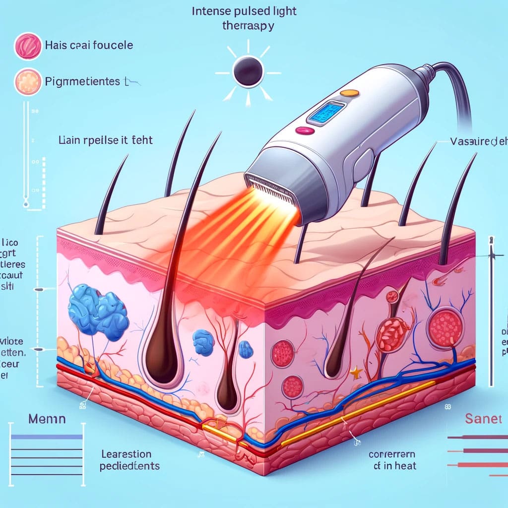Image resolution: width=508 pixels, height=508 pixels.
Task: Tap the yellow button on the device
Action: (x=350, y=92)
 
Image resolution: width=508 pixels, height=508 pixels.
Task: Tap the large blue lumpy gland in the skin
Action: (x=97, y=310)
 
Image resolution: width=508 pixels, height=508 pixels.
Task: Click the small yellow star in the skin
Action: (x=356, y=371)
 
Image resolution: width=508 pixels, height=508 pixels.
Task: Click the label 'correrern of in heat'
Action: (x=392, y=459)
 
